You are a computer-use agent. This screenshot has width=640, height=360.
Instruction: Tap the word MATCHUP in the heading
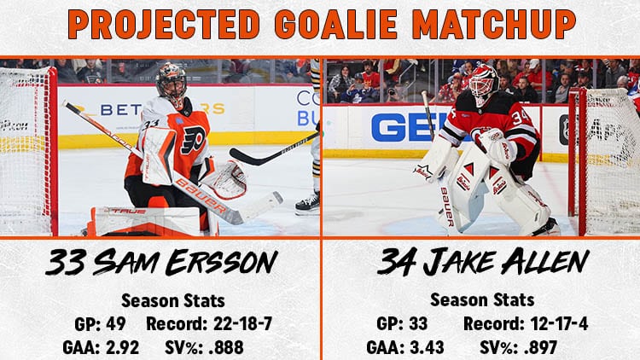click(494, 24)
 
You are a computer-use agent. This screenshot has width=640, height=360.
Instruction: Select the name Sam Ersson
click(186, 263)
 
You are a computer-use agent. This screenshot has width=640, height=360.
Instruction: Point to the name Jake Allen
click(506, 262)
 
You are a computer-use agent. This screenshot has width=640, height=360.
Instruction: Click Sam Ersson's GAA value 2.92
click(122, 348)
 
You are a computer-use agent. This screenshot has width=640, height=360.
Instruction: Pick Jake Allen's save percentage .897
click(540, 348)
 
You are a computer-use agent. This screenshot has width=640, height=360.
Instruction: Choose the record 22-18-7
click(243, 323)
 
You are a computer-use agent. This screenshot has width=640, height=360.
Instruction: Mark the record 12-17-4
click(560, 323)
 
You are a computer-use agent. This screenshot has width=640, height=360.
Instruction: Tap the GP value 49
click(115, 323)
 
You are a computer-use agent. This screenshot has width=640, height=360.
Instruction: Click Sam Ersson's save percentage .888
click(226, 348)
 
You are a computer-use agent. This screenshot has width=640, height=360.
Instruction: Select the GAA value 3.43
click(428, 348)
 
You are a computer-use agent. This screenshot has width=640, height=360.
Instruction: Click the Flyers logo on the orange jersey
click(193, 140)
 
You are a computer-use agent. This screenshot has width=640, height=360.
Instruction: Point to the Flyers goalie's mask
click(171, 84)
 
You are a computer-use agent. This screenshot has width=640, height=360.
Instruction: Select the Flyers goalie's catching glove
click(226, 180)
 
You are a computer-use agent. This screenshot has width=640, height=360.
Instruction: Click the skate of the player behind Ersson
click(308, 203)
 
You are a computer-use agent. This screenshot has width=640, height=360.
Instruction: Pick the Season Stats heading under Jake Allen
click(482, 300)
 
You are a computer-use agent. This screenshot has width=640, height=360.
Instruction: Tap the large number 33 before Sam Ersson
click(66, 263)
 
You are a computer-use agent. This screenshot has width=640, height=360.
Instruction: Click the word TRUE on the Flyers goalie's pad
click(129, 212)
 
